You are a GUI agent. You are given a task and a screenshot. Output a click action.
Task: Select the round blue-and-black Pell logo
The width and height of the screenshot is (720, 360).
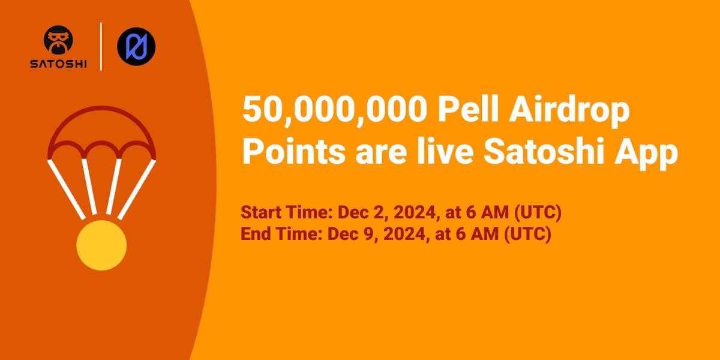coord(136,46)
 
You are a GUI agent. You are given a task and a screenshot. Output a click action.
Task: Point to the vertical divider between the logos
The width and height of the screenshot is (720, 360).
coord(101,47)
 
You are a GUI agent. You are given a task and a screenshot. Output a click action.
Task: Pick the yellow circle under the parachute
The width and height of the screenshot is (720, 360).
coord(101,245)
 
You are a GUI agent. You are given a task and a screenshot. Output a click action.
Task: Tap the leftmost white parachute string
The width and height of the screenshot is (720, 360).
coord(66,187)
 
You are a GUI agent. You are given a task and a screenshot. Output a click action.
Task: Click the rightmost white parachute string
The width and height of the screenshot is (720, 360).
coord(137,187)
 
